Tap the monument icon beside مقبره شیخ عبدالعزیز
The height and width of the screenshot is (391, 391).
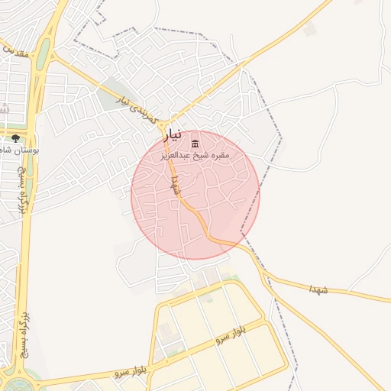195,144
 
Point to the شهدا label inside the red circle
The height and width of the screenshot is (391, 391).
176,186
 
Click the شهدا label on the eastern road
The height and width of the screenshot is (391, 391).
318,289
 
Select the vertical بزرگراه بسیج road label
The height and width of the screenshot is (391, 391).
24,337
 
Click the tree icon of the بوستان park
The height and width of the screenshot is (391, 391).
15,138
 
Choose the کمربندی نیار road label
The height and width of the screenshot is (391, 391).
136,110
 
